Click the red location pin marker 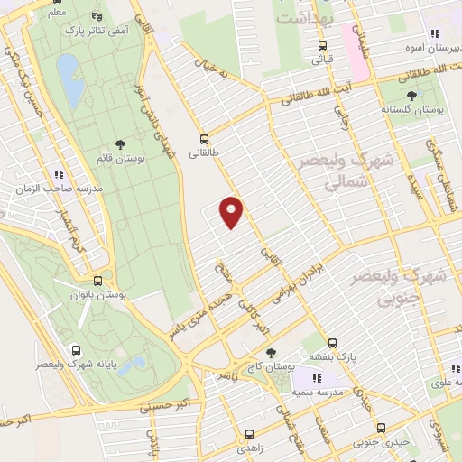click(232, 211)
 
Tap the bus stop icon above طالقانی click(205, 139)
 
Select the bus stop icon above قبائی click(322, 45)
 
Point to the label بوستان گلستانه click(413, 108)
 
